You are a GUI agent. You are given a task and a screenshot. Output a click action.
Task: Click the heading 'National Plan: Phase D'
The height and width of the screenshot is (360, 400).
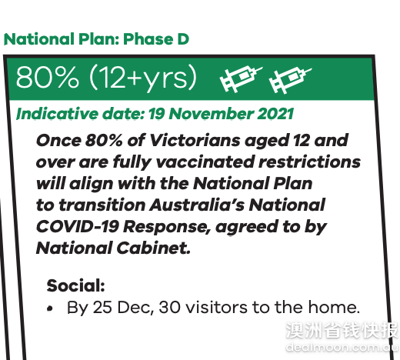96,39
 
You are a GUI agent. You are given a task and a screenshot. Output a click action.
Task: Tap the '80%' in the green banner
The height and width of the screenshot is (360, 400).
47,77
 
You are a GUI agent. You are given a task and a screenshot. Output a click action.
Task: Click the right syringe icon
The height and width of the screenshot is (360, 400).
290,80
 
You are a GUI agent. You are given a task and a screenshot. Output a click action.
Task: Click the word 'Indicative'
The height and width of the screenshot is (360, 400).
57,114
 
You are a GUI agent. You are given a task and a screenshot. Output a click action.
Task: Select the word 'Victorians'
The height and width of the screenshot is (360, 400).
195,141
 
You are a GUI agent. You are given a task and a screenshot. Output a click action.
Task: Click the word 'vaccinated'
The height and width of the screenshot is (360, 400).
205,162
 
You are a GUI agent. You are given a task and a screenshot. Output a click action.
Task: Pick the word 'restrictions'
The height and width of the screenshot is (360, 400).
309,162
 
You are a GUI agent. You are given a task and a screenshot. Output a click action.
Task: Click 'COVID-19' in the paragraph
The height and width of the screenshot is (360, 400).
78,227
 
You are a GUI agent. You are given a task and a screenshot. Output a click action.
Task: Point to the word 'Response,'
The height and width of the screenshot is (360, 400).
167,228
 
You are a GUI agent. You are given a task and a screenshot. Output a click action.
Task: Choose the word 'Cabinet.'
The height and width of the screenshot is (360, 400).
154,248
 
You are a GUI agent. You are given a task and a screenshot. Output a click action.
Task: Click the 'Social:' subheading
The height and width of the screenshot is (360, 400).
76,285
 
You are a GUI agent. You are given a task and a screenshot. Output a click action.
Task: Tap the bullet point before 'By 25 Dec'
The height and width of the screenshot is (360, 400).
50,308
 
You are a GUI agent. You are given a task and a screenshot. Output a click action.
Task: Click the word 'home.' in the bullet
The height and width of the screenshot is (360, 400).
334,307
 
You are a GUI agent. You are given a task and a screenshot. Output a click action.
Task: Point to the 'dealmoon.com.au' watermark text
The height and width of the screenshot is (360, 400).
342,347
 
